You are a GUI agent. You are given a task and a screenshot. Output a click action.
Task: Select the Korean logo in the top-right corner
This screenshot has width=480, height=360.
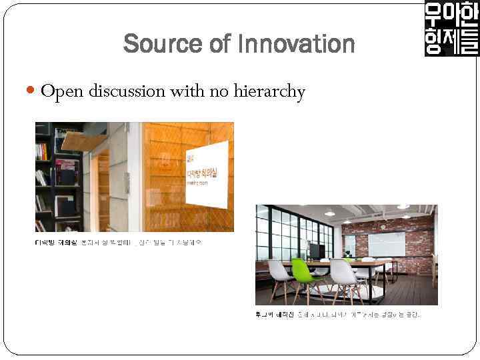click(451, 28)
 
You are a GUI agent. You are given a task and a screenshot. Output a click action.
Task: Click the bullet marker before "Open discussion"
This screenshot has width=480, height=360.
click(33, 91)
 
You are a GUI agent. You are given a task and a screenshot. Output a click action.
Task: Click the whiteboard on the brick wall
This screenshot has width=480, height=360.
click(387, 244)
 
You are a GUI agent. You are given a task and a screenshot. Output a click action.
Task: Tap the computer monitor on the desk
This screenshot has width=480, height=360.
click(315, 251)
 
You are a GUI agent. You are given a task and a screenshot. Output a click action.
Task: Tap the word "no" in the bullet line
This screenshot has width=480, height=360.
click(219, 91)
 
